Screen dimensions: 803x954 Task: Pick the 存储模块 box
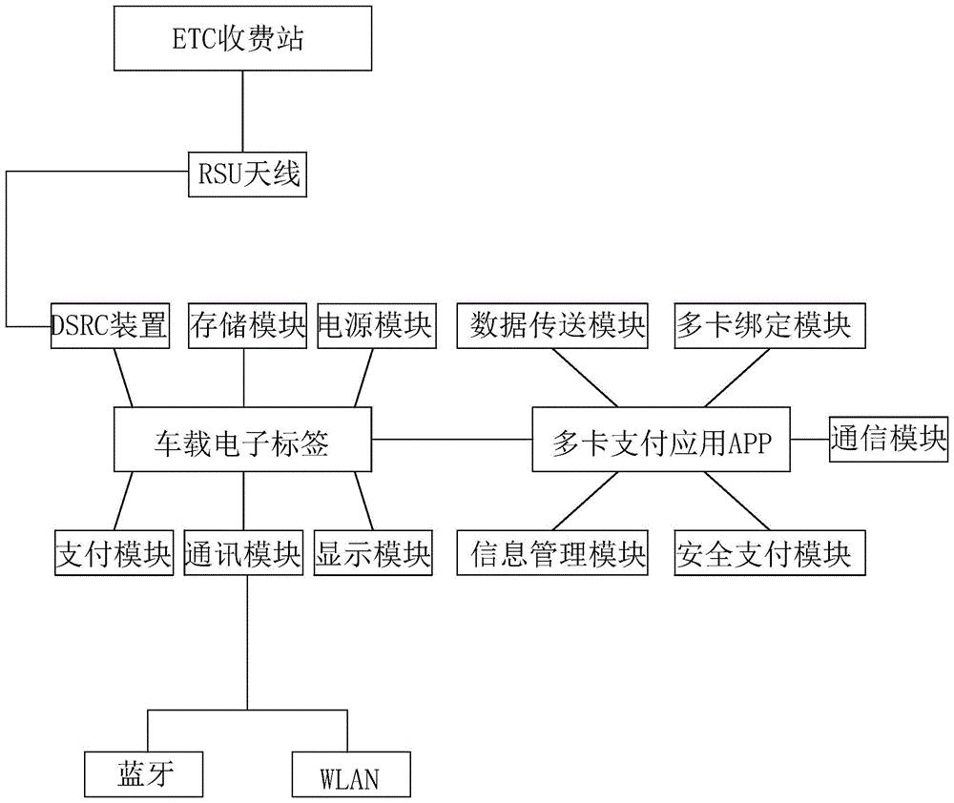tap(243, 325)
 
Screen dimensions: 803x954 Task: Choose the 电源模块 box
tap(374, 325)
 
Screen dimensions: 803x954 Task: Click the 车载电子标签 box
tap(242, 442)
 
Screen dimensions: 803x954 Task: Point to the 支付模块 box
tap(112, 553)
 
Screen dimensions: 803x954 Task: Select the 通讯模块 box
tap(243, 553)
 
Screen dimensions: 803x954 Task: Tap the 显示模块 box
tap(374, 553)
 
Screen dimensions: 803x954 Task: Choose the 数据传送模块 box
tap(558, 325)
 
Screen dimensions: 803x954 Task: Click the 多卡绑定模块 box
tap(770, 325)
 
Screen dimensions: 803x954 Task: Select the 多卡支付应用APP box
tap(661, 442)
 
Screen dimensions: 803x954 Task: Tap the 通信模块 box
tap(888, 439)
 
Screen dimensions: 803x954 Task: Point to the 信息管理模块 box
tap(558, 553)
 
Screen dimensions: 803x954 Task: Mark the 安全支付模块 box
tap(770, 553)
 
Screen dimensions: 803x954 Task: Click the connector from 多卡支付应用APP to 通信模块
tap(809, 440)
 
